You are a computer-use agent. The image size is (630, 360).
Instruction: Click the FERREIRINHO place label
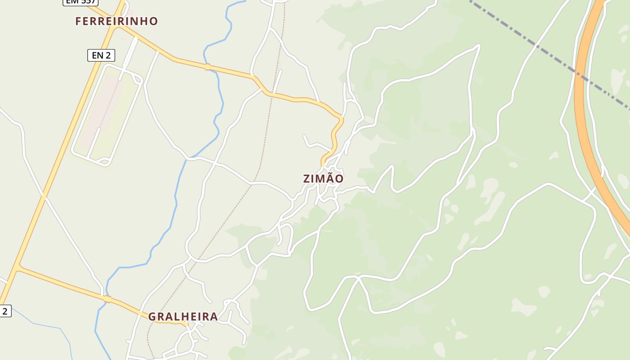[x=117, y=21]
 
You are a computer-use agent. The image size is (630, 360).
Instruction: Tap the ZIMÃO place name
[x=323, y=179]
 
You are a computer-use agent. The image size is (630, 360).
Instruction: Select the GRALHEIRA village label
[x=183, y=317]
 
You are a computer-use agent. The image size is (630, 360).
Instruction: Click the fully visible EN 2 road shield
[x=101, y=55]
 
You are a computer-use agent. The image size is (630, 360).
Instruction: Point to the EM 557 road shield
[x=80, y=2]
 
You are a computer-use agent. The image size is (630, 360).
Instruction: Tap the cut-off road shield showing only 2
[x=5, y=310]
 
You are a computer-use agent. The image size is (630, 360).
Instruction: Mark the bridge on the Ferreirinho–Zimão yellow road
[x=207, y=67]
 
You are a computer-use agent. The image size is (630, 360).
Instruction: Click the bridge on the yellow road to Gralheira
[x=107, y=299]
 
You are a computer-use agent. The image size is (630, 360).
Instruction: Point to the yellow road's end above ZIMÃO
[x=323, y=164]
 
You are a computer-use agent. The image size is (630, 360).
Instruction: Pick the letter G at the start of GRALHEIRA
[x=153, y=317]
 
